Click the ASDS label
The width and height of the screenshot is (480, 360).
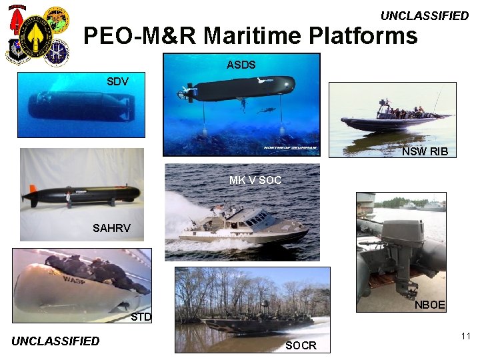pyautogui.click(x=241, y=65)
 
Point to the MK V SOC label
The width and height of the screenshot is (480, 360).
pyautogui.click(x=255, y=180)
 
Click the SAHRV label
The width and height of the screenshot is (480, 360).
pyautogui.click(x=111, y=229)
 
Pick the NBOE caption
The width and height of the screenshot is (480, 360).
pyautogui.click(x=429, y=305)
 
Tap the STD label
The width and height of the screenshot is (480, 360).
pyautogui.click(x=141, y=317)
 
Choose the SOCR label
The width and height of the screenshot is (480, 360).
pyautogui.click(x=301, y=345)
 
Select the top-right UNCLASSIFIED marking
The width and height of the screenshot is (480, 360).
pyautogui.click(x=425, y=16)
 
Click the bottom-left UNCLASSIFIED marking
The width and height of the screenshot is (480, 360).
pyautogui.click(x=55, y=341)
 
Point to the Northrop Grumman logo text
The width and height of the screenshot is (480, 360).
pyautogui.click(x=290, y=148)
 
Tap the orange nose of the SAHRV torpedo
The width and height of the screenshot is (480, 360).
pyautogui.click(x=27, y=197)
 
